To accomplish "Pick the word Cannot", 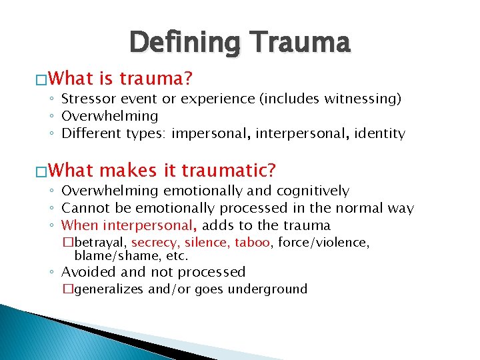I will click(84, 208).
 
